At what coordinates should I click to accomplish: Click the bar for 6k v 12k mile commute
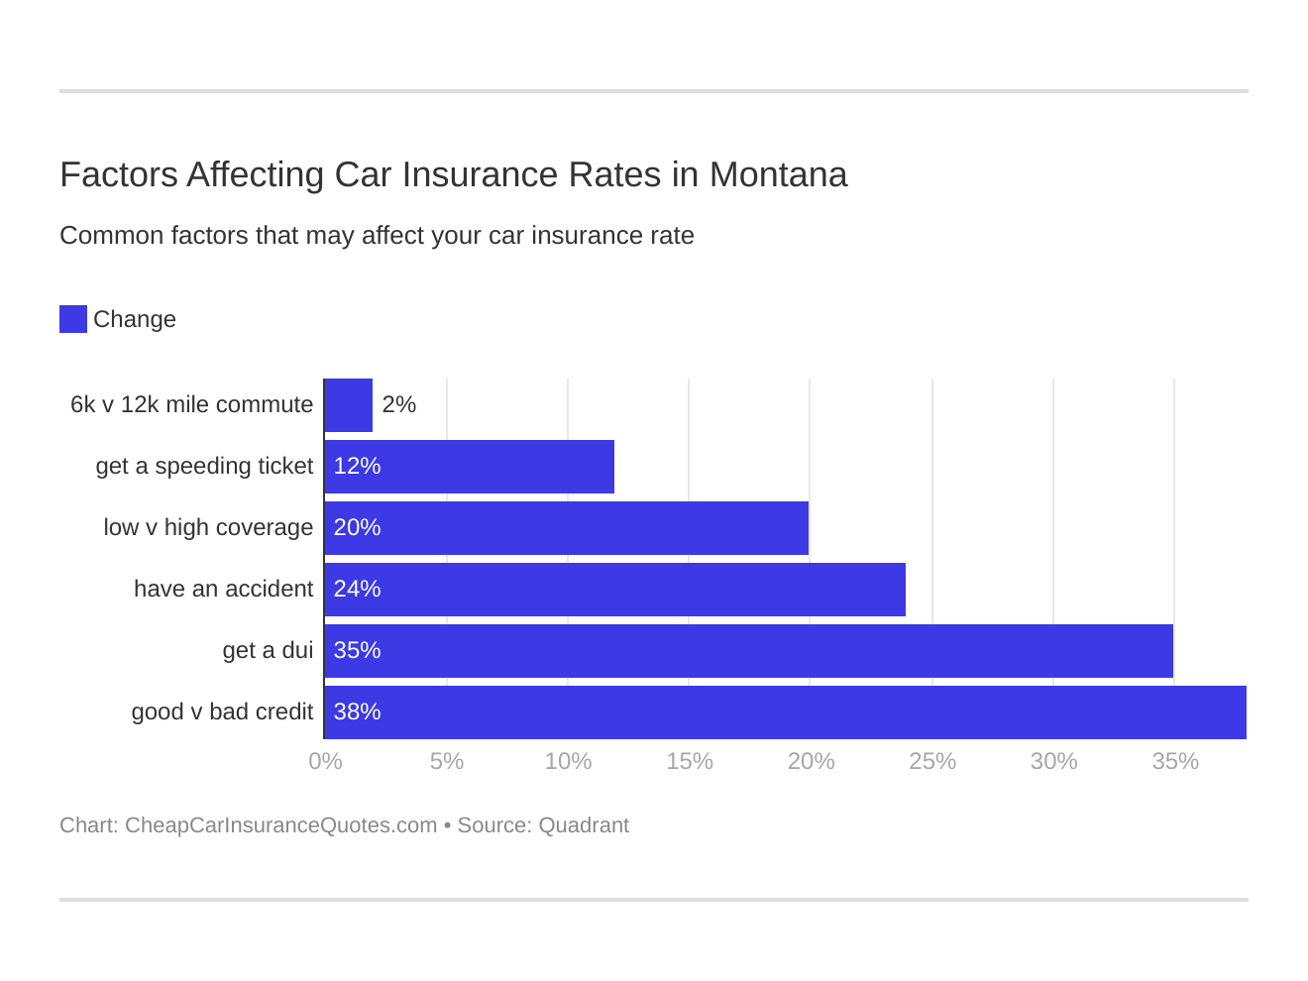(x=349, y=405)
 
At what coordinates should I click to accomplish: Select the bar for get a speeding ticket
(x=470, y=467)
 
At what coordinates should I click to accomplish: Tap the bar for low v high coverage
(x=567, y=528)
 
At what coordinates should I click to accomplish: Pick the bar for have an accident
(x=615, y=590)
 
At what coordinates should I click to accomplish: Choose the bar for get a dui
(x=749, y=651)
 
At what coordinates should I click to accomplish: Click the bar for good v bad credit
(x=786, y=712)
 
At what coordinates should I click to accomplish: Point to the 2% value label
(x=398, y=405)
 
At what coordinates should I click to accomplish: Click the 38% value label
(x=357, y=712)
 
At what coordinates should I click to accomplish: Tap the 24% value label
(x=357, y=590)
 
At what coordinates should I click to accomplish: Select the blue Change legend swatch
(x=73, y=319)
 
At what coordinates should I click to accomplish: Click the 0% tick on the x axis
(x=325, y=761)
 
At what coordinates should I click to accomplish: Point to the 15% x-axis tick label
(x=690, y=761)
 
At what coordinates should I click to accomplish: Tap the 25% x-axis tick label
(x=932, y=761)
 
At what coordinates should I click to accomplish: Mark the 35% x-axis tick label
(x=1175, y=761)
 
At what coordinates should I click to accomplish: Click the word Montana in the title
(x=778, y=175)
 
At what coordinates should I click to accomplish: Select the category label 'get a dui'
(x=268, y=651)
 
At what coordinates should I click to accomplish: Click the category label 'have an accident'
(x=223, y=590)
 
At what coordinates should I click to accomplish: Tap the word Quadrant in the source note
(x=584, y=825)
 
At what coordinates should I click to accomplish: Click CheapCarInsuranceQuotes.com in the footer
(x=280, y=825)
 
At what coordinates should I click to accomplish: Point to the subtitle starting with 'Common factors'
(x=377, y=236)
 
